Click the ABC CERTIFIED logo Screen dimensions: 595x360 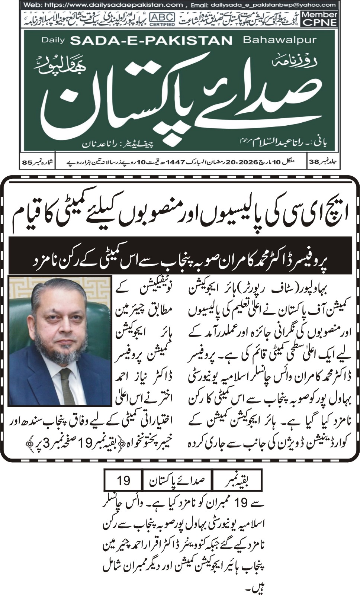point(162,19)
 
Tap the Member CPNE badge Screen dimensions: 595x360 point(319,19)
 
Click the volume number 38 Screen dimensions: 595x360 point(314,162)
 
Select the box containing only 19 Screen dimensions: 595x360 point(123,480)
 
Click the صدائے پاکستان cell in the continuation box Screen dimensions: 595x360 point(177,480)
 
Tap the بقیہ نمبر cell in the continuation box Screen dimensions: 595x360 point(237,480)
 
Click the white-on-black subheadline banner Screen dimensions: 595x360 point(180,256)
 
